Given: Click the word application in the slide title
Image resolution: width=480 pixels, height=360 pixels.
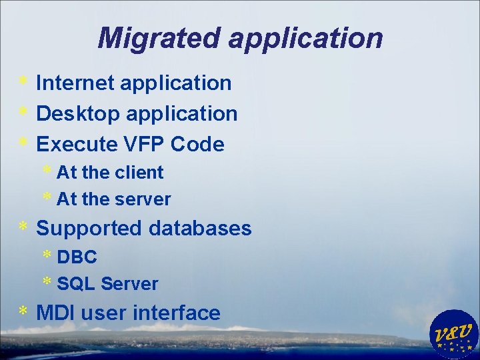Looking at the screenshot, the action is coord(306,39).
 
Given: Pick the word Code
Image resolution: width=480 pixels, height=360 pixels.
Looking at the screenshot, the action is coord(197,144).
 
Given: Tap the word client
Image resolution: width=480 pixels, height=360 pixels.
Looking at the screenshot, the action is coord(139,172).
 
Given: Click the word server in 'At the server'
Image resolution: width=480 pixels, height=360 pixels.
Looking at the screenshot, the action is coord(143,199).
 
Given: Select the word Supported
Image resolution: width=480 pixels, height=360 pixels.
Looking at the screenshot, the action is coord(89,229).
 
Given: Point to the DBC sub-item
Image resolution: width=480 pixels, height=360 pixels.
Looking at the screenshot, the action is coord(77,257).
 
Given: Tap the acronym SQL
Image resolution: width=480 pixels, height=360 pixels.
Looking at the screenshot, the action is coord(76,283).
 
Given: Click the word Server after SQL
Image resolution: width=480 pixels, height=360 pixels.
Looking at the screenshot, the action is coord(129,283).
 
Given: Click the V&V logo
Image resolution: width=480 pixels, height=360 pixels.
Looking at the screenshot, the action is coord(455,333).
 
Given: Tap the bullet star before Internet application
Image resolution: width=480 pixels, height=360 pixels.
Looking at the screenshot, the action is coord(23,81).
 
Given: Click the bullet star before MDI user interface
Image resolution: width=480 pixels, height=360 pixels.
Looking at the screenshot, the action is coord(23,311).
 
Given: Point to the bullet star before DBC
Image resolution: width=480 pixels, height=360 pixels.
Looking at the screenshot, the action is coord(47,255).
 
